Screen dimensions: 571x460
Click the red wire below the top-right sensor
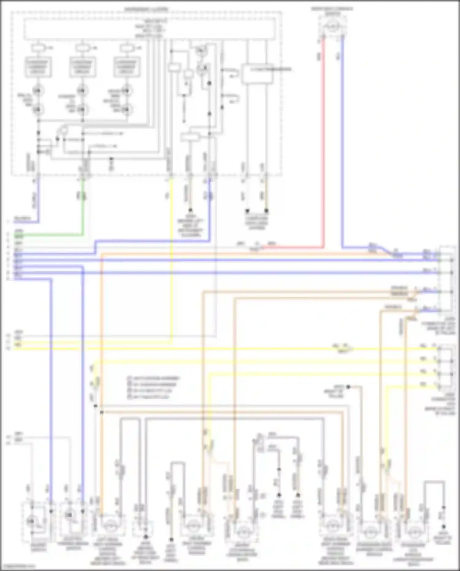coord(323,138)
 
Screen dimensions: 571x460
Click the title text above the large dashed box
coord(147,9)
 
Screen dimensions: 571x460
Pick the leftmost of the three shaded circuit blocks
coord(38,66)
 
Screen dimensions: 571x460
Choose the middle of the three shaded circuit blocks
coord(82,66)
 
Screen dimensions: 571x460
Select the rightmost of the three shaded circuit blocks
coord(126,66)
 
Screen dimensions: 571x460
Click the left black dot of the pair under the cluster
coord(247,211)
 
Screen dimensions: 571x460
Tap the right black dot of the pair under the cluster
coord(266,211)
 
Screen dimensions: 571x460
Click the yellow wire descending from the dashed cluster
coord(171,261)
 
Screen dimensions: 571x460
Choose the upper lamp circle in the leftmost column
coord(38,91)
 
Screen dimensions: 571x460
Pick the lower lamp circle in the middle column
coord(82,109)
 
